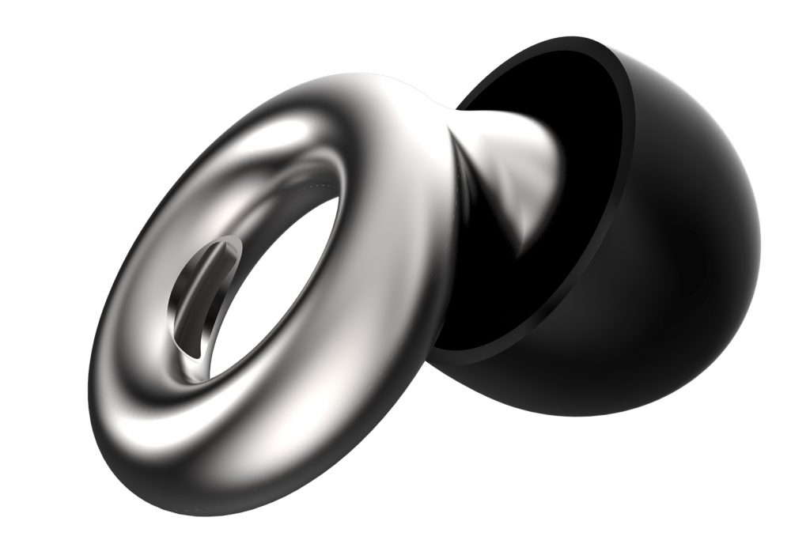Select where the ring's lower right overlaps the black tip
[443, 332]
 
